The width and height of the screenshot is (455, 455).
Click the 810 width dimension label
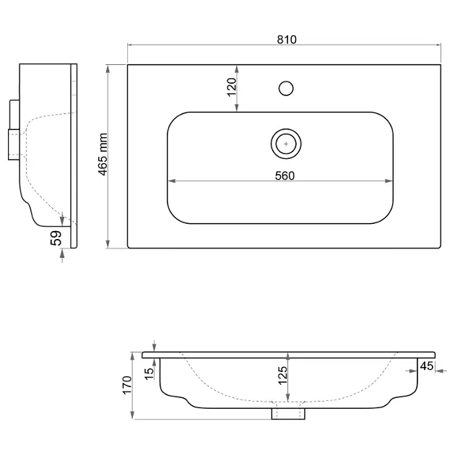click(287, 40)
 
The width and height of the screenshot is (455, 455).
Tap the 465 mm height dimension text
click(103, 155)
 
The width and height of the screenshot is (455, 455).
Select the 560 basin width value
click(285, 175)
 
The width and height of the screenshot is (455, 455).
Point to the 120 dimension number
click(232, 87)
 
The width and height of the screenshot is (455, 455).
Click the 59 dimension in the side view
click(56, 238)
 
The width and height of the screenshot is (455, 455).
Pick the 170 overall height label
click(127, 385)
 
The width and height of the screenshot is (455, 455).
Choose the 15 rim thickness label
click(149, 374)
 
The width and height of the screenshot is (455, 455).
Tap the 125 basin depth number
click(282, 376)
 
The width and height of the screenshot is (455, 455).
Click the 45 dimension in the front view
click(427, 366)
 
